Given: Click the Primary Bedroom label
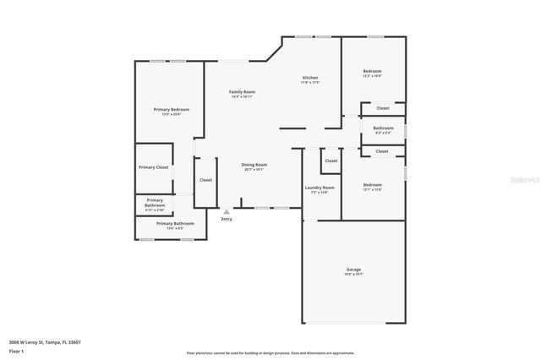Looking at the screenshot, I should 171,110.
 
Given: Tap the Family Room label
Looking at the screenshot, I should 243,92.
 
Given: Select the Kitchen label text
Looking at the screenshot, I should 311,78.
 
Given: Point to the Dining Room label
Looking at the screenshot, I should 254,165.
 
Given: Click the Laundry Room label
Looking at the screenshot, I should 319,188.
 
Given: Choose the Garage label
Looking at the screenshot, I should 352,270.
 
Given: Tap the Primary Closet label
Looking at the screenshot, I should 154,167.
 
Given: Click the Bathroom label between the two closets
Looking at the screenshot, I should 382,128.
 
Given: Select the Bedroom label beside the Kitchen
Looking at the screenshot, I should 373,71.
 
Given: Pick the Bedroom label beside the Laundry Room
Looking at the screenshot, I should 373,185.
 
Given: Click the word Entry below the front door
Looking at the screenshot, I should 227,220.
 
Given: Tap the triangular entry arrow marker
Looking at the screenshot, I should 226,212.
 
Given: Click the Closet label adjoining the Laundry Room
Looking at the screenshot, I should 331,161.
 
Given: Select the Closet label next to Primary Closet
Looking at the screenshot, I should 205,180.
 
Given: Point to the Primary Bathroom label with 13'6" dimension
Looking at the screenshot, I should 175,223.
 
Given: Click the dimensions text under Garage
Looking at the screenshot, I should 352,275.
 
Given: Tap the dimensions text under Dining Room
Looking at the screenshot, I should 254,170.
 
